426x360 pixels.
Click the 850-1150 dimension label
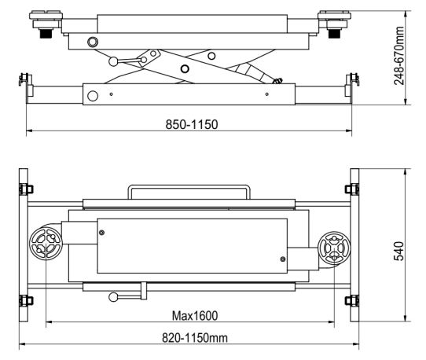point(192,124)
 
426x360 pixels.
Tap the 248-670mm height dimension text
point(399,56)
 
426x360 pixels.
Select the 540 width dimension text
point(398,251)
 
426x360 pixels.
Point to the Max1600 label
point(195,316)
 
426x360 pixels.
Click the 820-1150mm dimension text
point(195,338)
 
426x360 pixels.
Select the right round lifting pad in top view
point(334,248)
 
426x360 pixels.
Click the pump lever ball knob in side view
point(113,61)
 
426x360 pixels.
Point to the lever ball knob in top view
point(113,297)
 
